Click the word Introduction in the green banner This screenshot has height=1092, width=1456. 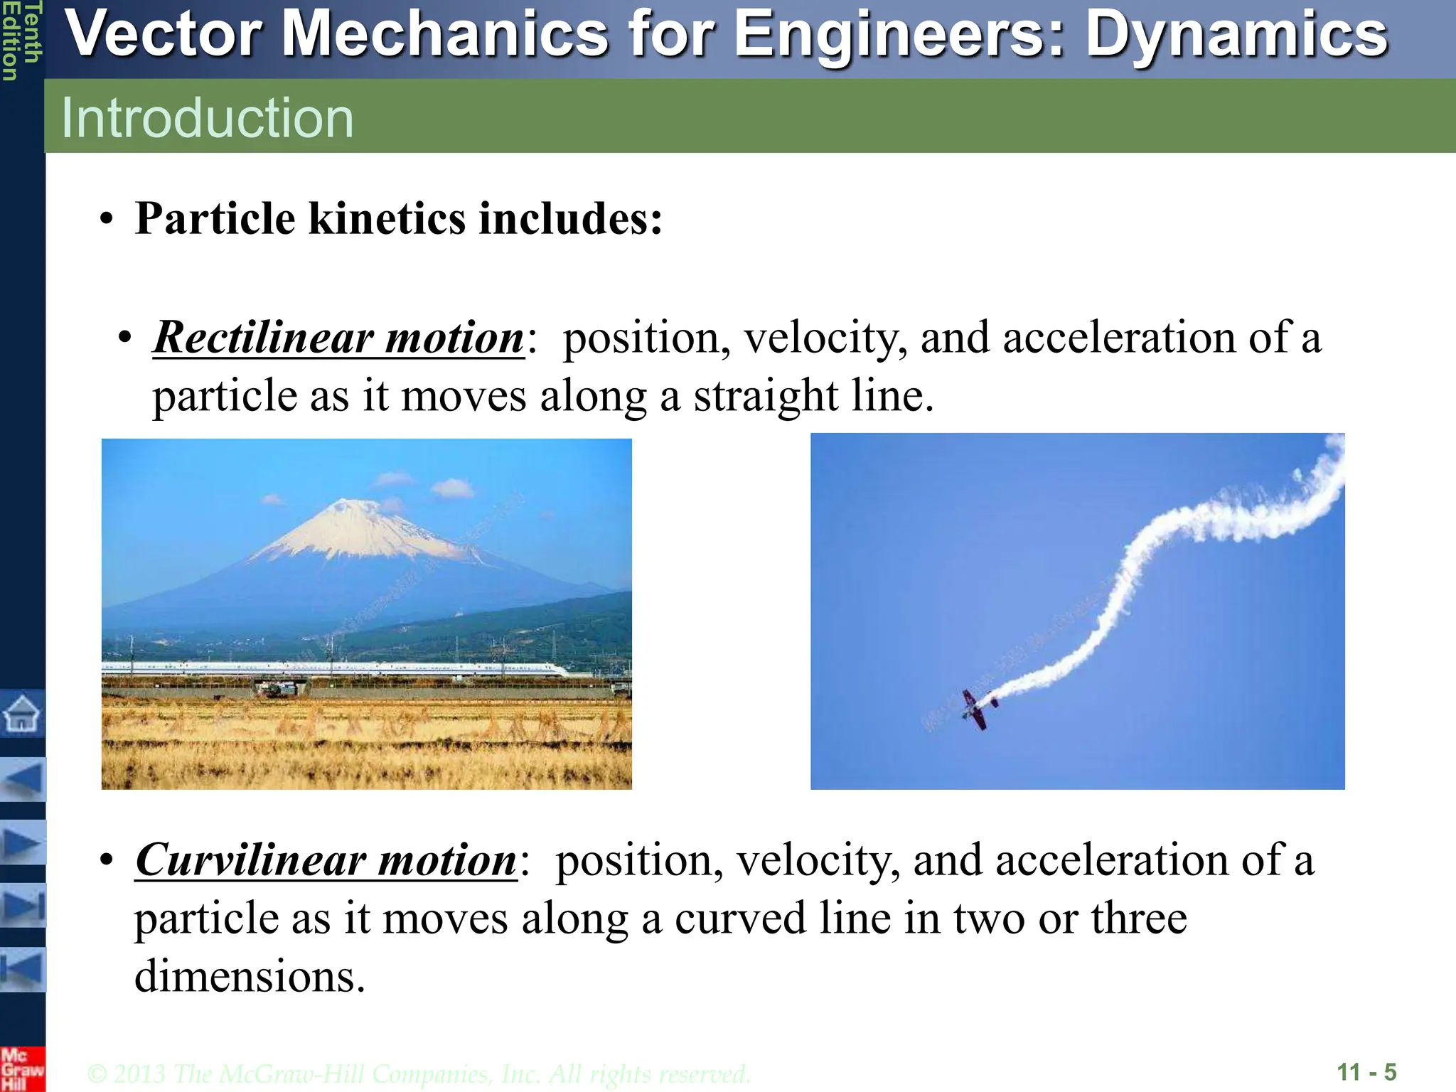click(x=207, y=118)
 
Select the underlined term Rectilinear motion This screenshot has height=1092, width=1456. click(x=338, y=338)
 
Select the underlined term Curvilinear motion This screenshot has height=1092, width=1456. click(x=326, y=860)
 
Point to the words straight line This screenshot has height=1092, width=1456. click(x=813, y=396)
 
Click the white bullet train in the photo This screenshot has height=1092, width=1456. click(x=334, y=669)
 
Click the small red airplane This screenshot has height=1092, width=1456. click(x=977, y=708)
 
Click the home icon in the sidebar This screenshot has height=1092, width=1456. click(x=22, y=713)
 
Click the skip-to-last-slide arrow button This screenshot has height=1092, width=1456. click(x=23, y=906)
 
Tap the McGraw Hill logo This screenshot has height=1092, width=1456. click(x=21, y=1069)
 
